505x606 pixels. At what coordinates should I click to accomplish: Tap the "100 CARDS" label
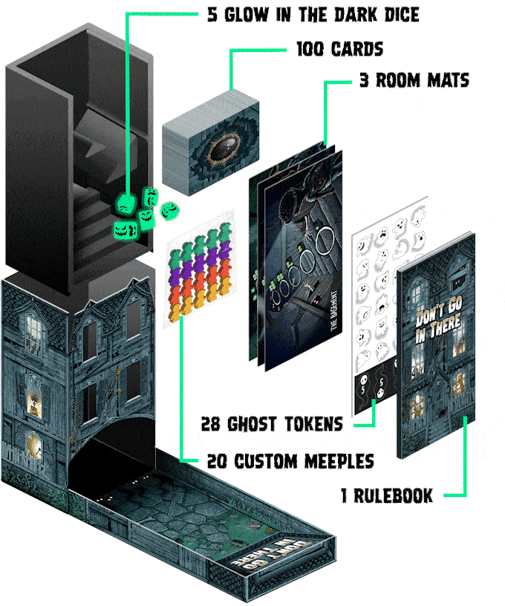tap(339, 50)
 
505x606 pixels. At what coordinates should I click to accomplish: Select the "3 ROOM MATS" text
tap(414, 80)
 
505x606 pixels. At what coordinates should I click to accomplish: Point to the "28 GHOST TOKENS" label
tap(272, 425)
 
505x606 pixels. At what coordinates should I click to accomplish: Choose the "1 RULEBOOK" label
tap(387, 496)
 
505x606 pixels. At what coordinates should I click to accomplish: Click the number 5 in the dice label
tap(212, 14)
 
